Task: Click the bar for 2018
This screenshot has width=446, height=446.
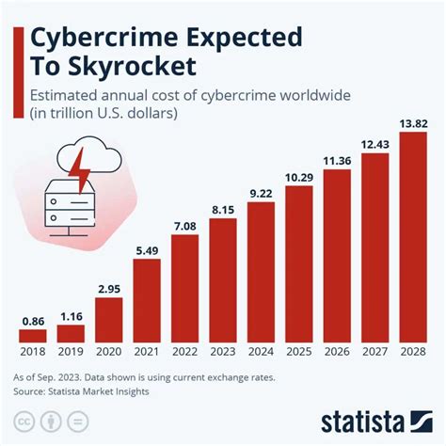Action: point(32,335)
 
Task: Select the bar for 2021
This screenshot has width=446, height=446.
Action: point(147,299)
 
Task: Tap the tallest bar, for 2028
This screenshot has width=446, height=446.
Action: point(414,237)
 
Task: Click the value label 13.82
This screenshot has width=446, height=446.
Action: point(414,122)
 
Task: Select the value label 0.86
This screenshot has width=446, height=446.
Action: point(32,321)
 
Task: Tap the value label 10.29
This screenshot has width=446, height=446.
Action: point(299,177)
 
